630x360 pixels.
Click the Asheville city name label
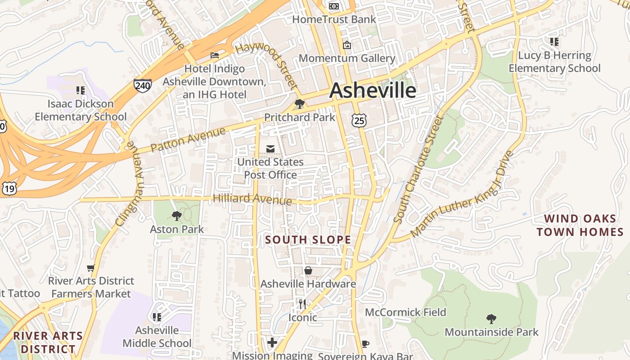coord(373,90)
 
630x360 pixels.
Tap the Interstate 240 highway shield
coord(142,85)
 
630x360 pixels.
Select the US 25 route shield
coord(359,120)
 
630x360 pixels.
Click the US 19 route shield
coord(9,189)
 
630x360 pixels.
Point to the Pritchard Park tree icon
coord(299,104)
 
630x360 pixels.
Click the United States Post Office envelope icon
coord(270,148)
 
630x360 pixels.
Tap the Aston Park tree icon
coord(177,216)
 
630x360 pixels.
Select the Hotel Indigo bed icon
coord(215,55)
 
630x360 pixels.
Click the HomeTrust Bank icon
coord(334,6)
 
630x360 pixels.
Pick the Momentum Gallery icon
coord(347,45)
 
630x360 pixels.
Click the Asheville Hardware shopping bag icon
coord(308,270)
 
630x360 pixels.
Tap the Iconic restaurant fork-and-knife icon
coord(302,304)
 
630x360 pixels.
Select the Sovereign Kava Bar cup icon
coord(365,344)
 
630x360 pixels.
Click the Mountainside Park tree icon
coord(491,319)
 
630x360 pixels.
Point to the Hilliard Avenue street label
coord(252,198)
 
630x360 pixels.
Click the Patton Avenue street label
coord(188,139)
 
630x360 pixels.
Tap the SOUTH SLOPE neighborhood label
coord(308,240)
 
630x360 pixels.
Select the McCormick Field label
coord(405,312)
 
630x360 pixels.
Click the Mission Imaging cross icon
coord(272,342)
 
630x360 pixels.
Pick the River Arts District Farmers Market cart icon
coord(91,268)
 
